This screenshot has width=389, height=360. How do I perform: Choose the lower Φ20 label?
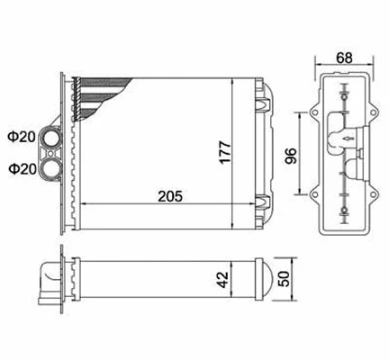[22, 167]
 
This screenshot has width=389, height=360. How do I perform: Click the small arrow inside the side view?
[348, 139]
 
